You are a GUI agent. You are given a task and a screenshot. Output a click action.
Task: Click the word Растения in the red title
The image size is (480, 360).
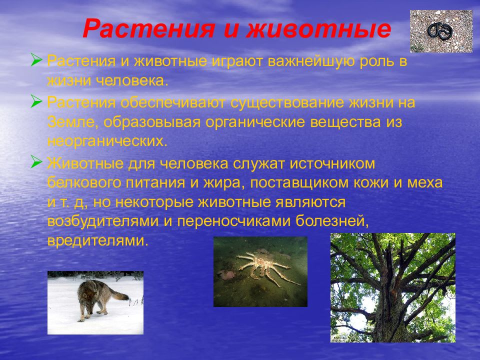coord(149,29)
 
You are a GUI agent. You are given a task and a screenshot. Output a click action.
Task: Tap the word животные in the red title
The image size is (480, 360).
coord(319,29)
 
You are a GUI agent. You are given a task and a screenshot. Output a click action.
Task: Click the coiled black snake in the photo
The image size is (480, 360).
coord(440,31)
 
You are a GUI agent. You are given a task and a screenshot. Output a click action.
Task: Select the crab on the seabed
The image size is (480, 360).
coord(264,266)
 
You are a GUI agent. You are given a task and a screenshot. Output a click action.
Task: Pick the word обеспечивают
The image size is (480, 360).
coord(173,102)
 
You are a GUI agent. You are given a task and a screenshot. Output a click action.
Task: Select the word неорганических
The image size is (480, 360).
coord(107,141)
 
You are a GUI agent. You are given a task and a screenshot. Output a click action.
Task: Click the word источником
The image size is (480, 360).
coord(332,163)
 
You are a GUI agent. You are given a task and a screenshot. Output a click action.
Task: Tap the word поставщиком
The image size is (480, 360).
coord(299,183)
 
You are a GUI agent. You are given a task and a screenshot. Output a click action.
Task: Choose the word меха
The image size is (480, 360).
coord(425,183)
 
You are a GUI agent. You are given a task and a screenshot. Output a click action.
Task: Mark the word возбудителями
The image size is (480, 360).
coord(103,221)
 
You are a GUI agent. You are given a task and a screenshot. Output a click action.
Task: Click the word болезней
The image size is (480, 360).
coord(332,221)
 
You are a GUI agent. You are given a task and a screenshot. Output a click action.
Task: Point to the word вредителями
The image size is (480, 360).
coord(98,240)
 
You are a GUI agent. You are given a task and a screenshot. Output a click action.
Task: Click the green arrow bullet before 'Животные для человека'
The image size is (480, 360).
coord(36,162)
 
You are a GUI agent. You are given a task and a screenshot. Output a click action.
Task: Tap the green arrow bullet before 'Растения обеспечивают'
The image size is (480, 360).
coord(36,101)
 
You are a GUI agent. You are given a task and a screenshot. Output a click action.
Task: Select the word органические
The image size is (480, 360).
coord(255,122)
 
